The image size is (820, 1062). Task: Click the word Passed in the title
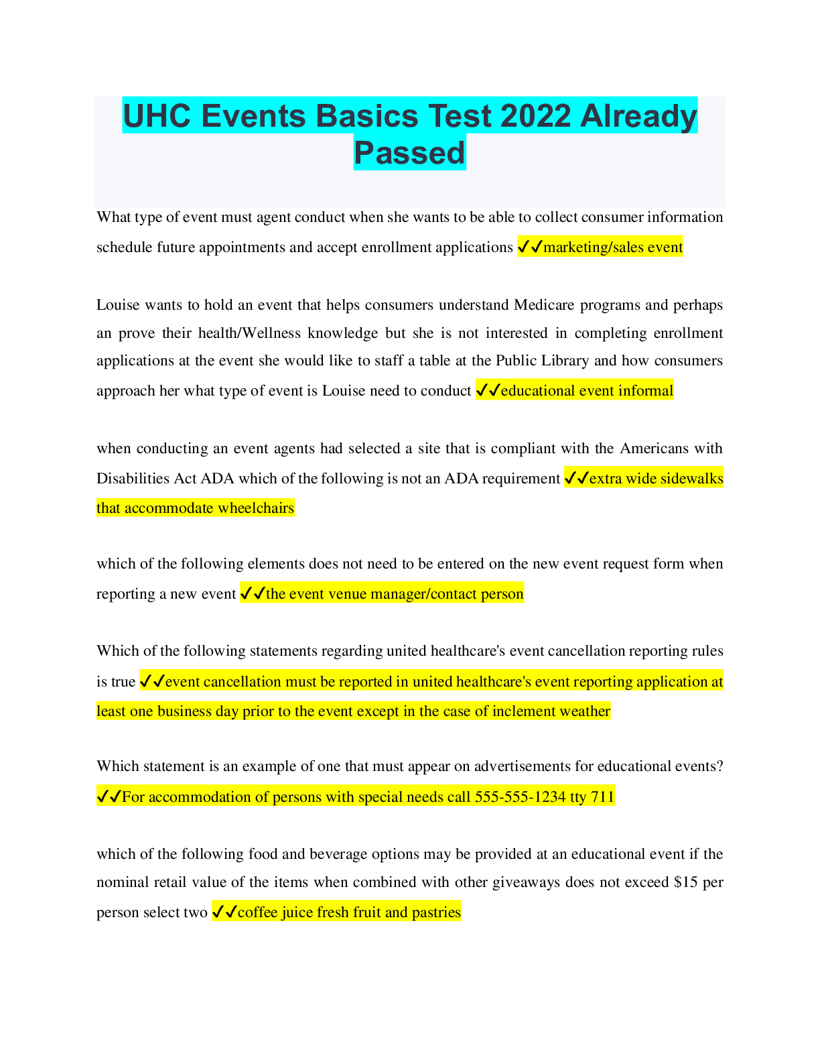pyautogui.click(x=409, y=153)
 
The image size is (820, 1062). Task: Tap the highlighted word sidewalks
pyautogui.click(x=692, y=479)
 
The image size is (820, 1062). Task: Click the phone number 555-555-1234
pyautogui.click(x=521, y=797)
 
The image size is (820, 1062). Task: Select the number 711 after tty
pyautogui.click(x=602, y=797)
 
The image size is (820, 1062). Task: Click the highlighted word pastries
pyautogui.click(x=436, y=912)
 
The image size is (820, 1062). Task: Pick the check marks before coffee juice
pyautogui.click(x=224, y=912)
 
